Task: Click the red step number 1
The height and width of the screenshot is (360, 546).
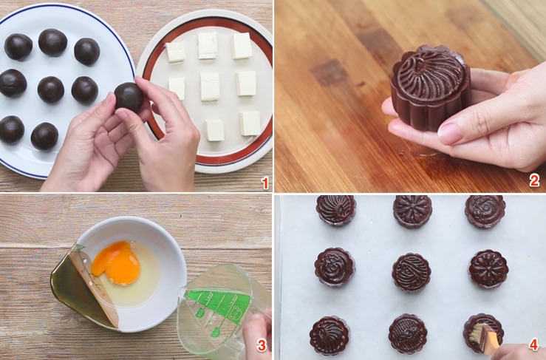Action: [265, 181]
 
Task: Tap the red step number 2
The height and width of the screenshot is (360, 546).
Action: [533, 180]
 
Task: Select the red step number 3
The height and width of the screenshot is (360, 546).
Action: [261, 345]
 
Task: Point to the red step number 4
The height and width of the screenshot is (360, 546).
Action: [533, 345]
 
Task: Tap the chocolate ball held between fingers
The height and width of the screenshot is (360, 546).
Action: [129, 96]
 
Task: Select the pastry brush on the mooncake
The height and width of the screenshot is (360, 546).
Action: [488, 337]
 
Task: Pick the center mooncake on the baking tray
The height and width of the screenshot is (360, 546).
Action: [412, 272]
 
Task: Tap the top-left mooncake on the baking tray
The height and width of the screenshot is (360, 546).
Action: [336, 209]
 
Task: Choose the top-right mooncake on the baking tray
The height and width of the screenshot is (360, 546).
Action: [485, 211]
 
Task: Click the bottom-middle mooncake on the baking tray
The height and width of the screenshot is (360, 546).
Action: [408, 333]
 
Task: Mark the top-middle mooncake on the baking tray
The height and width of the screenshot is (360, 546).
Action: [412, 211]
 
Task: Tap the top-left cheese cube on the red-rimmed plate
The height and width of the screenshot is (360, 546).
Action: [176, 52]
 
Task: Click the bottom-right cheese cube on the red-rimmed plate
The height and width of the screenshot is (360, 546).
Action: [250, 123]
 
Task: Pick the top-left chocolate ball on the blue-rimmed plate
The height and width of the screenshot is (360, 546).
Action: [18, 47]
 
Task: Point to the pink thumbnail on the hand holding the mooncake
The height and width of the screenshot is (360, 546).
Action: [451, 134]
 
